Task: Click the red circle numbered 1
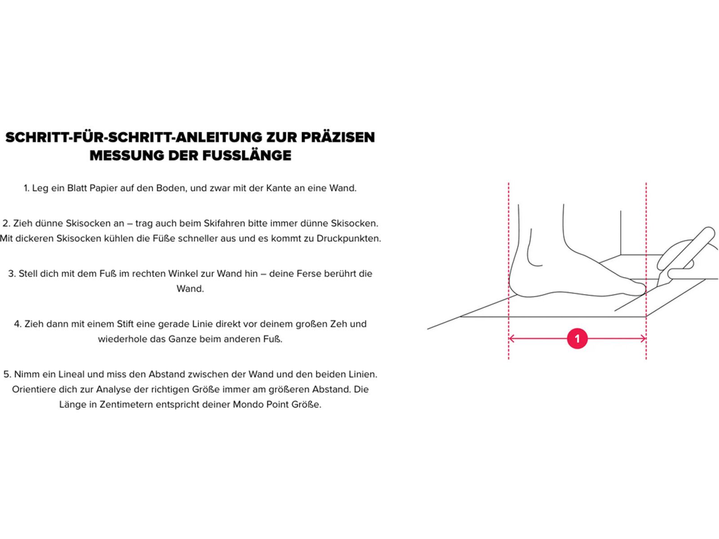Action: pyautogui.click(x=577, y=339)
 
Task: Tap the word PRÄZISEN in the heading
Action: pyautogui.click(x=337, y=137)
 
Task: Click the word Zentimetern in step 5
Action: pyautogui.click(x=126, y=404)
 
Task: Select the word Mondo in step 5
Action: pyautogui.click(x=248, y=404)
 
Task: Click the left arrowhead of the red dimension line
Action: pyautogui.click(x=511, y=339)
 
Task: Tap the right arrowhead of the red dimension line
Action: pyautogui.click(x=644, y=339)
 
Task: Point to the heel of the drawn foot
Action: pyautogui.click(x=513, y=283)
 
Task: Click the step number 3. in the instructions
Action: pyautogui.click(x=12, y=274)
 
